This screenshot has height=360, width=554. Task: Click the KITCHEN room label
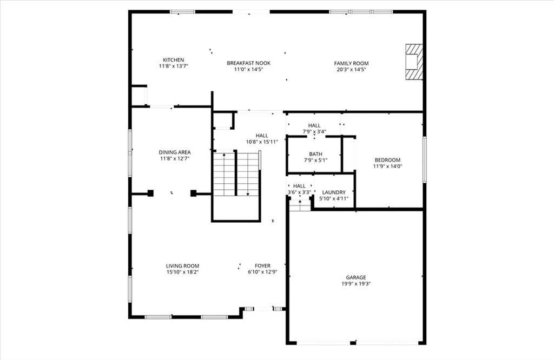pos(173,60)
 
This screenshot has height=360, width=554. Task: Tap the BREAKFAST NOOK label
pos(249,63)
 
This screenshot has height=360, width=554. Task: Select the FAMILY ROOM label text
pos(351,64)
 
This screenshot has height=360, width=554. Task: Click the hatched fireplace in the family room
pos(414,62)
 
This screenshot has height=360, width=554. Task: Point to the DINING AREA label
pos(175,152)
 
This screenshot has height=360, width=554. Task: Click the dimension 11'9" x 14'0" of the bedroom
pos(387,166)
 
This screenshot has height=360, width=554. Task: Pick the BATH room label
pos(315,154)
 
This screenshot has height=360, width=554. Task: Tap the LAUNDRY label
pos(334,192)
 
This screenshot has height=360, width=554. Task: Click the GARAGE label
pos(356,278)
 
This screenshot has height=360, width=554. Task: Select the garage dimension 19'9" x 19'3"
pos(356,284)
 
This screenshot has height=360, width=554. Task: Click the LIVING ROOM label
pos(183,266)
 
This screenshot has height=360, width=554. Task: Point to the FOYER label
pos(262,266)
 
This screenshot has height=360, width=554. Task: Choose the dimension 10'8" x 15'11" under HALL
pos(262,142)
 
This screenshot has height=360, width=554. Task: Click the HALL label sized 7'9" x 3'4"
pos(314,125)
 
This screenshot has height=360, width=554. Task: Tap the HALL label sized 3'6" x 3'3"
pos(299,186)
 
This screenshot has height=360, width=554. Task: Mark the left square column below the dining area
pos(150,193)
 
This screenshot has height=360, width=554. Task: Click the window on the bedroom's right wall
pos(424,159)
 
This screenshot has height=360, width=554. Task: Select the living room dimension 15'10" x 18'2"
pos(183,272)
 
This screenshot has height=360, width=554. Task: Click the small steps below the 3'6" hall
pos(300,205)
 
